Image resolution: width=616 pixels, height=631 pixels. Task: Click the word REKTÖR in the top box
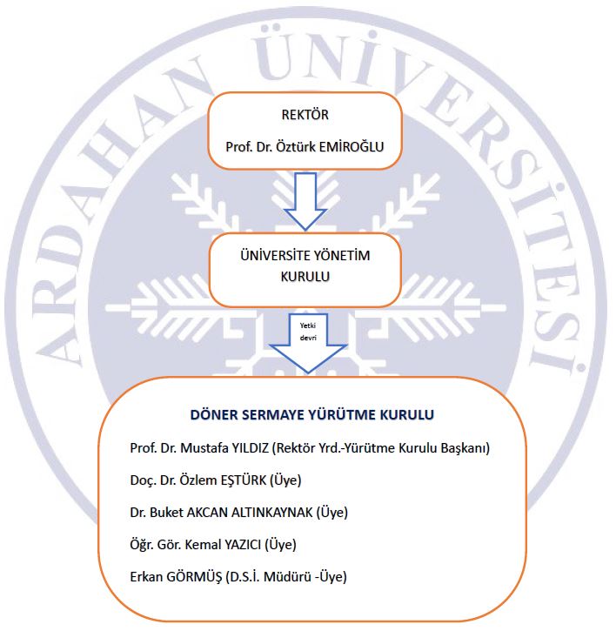tap(305, 115)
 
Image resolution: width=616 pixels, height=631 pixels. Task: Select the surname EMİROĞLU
tap(352, 146)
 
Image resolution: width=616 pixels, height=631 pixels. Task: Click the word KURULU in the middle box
tap(305, 277)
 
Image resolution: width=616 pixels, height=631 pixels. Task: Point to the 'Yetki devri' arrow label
tap(308, 332)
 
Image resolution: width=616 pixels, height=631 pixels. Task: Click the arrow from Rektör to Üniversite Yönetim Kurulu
tap(305, 201)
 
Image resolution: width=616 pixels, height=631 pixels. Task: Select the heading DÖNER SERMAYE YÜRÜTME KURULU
tap(311, 414)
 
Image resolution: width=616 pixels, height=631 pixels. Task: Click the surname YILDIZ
tap(250, 448)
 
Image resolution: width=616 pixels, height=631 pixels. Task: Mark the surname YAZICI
tap(243, 545)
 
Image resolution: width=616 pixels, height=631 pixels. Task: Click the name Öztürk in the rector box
tap(295, 146)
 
